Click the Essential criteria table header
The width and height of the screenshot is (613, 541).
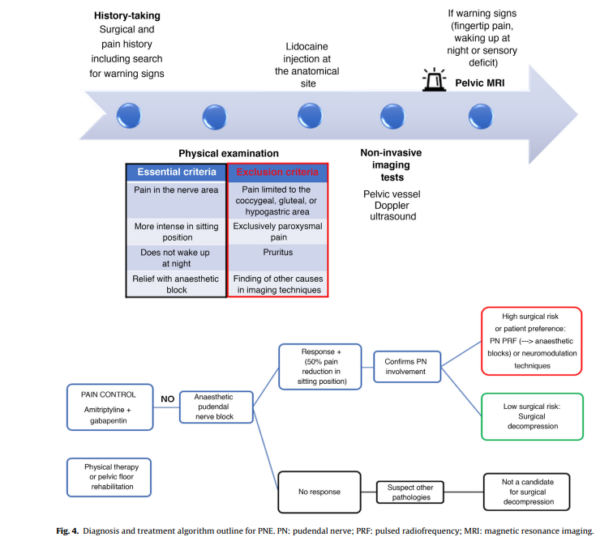[177, 173]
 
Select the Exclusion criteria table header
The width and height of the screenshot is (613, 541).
[277, 173]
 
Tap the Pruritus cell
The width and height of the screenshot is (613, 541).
[277, 252]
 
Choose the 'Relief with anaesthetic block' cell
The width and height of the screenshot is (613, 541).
[177, 283]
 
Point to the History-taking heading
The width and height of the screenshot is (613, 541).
[126, 16]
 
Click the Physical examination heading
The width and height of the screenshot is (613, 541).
[228, 153]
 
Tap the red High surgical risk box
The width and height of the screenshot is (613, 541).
[531, 341]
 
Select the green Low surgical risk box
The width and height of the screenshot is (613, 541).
[531, 416]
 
